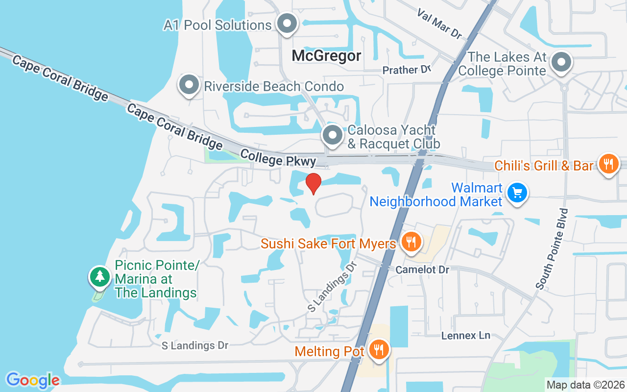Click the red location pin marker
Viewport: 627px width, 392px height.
pyautogui.click(x=313, y=183)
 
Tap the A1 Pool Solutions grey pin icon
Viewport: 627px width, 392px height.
pyautogui.click(x=287, y=24)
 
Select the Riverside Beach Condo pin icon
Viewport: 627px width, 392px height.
pyautogui.click(x=189, y=85)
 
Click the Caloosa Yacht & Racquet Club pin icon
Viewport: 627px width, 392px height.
pyautogui.click(x=333, y=135)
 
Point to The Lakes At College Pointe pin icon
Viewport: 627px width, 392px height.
pyautogui.click(x=561, y=62)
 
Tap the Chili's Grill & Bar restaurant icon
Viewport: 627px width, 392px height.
pyautogui.click(x=608, y=164)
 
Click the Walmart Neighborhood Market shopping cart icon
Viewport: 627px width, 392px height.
pyautogui.click(x=517, y=193)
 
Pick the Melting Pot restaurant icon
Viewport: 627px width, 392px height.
pyautogui.click(x=379, y=350)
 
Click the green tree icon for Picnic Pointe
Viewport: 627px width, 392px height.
pyautogui.click(x=100, y=277)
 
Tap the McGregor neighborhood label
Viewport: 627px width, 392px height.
pyautogui.click(x=326, y=56)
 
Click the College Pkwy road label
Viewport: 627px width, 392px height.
pyautogui.click(x=278, y=159)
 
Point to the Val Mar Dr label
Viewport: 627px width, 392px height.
pyautogui.click(x=440, y=24)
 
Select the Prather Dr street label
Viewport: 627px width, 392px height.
pyautogui.click(x=406, y=70)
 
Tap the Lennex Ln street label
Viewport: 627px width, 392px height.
pyautogui.click(x=465, y=336)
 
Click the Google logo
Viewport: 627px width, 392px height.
pyautogui.click(x=33, y=380)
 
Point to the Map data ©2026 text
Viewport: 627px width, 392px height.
pyautogui.click(x=585, y=385)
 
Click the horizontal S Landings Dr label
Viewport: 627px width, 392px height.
pyautogui.click(x=195, y=345)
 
